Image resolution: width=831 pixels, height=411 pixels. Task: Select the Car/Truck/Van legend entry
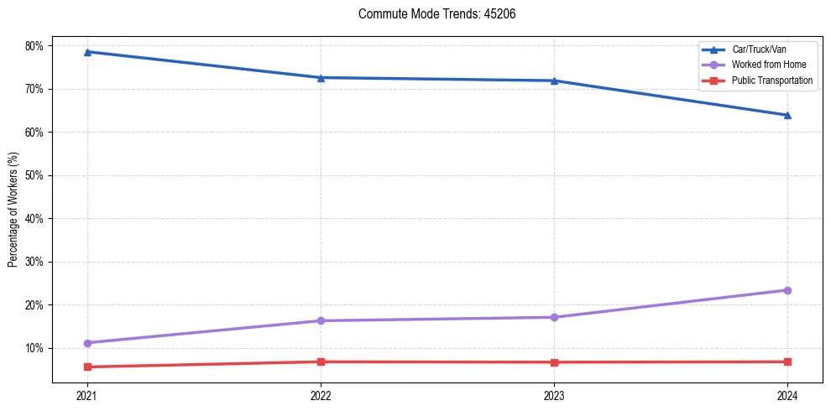click(x=759, y=49)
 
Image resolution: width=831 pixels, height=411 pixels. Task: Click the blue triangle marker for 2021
click(x=87, y=52)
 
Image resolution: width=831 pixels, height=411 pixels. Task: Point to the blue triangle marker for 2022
click(x=321, y=78)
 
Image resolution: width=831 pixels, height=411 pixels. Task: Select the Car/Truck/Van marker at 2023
click(x=554, y=81)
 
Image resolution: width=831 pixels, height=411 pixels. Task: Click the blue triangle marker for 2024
click(x=787, y=115)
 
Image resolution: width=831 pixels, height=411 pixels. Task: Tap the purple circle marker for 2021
click(x=87, y=343)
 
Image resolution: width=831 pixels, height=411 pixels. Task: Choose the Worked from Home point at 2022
click(x=321, y=320)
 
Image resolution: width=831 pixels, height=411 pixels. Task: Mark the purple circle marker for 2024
click(x=787, y=290)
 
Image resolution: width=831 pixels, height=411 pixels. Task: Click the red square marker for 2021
click(x=87, y=367)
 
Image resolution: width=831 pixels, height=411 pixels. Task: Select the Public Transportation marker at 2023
click(x=554, y=362)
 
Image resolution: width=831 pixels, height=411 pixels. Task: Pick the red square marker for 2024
click(x=787, y=362)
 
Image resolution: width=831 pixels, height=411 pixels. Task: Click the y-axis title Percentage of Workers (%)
click(x=13, y=210)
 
